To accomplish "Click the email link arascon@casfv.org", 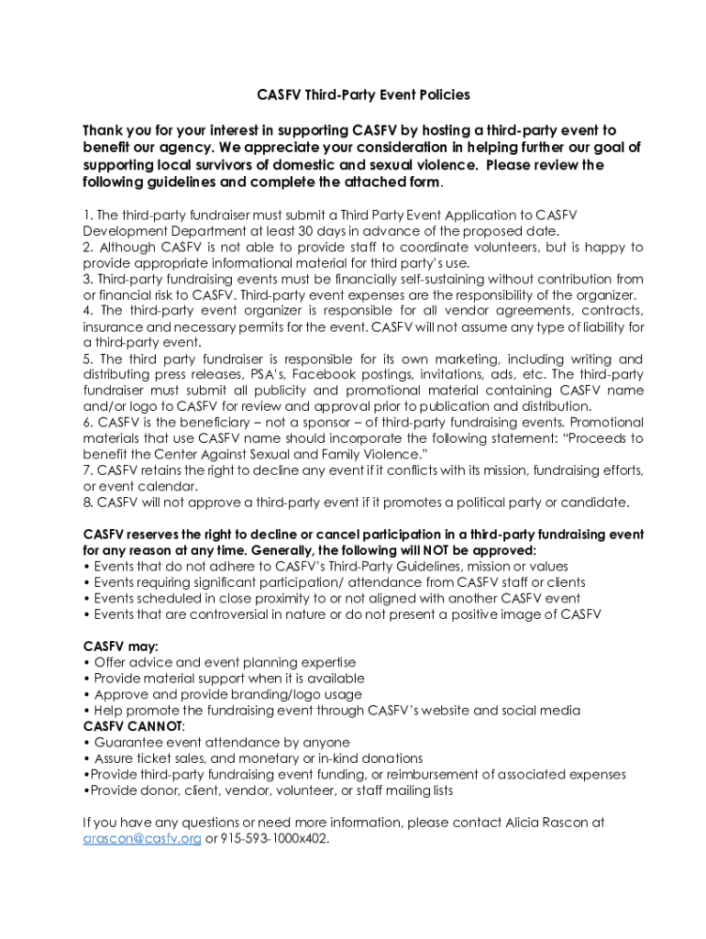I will (142, 838).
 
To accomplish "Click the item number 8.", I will (87, 503).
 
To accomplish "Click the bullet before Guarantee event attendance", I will (86, 743).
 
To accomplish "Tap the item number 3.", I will (87, 279).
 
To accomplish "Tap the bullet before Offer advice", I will (86, 663).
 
